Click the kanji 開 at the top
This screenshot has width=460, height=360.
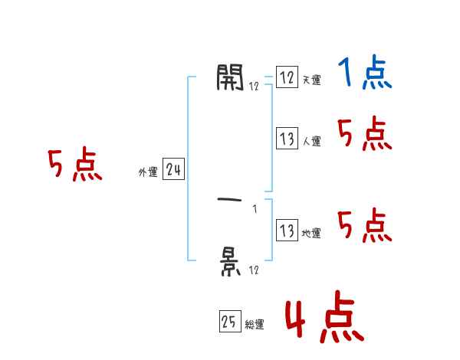coord(230,77)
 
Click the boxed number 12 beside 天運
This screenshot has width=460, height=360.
coord(286,77)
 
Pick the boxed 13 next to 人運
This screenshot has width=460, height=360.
coord(286,139)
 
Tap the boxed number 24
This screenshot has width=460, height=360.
coord(173,170)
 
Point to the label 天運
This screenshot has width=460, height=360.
coord(311,80)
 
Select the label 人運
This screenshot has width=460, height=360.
coord(311,142)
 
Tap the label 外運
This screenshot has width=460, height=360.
coord(148,172)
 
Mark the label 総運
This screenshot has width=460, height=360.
coord(255,325)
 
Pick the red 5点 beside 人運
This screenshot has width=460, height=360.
coord(364,136)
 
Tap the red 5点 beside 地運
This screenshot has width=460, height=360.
coord(364,226)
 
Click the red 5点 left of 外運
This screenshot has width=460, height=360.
coord(75,165)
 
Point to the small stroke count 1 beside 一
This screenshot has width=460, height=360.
coord(254,208)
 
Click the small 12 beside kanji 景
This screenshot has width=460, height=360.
coord(254,270)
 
